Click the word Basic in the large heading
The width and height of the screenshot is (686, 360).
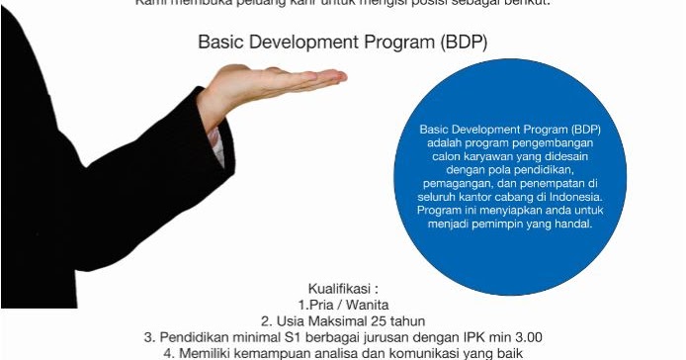(x=221, y=43)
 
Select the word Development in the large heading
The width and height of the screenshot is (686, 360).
(x=303, y=43)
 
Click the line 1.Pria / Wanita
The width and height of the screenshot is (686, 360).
(x=342, y=304)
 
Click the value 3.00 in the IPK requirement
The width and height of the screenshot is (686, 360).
(x=525, y=336)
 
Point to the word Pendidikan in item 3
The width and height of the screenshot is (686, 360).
(x=195, y=336)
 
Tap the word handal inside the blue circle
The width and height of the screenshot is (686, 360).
(x=572, y=224)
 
